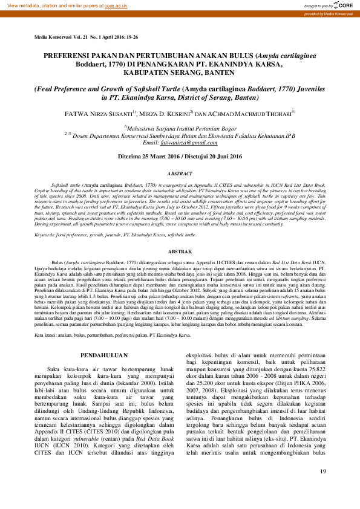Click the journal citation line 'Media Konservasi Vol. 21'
pos(86,37)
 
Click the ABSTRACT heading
pos(180,172)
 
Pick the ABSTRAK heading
pos(180,251)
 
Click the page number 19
pos(322,488)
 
